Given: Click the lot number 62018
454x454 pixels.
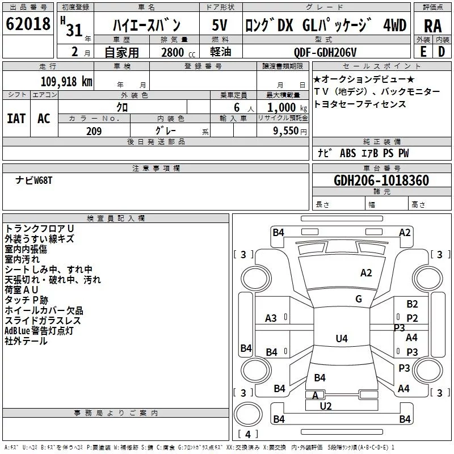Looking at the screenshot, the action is pyautogui.click(x=28, y=24).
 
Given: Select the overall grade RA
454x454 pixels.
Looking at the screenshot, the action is pyautogui.click(x=432, y=26).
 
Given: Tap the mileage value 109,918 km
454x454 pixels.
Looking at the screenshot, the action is pyautogui.click(x=66, y=82).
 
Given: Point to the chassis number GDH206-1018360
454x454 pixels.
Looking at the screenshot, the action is pyautogui.click(x=381, y=180).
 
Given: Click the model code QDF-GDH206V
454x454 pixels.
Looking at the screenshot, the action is pyautogui.click(x=325, y=52).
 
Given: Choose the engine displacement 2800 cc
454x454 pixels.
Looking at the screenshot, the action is pyautogui.click(x=178, y=52).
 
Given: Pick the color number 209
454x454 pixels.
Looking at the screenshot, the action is pyautogui.click(x=94, y=131).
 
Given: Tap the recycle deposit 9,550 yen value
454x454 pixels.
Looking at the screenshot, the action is pyautogui.click(x=290, y=131).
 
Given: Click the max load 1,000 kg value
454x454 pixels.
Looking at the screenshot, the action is pyautogui.click(x=287, y=108).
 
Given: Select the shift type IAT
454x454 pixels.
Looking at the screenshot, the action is pyautogui.click(x=16, y=119).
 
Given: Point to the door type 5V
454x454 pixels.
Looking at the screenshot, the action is pyautogui.click(x=220, y=25).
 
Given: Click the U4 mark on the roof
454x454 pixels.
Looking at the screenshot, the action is pyautogui.click(x=342, y=338).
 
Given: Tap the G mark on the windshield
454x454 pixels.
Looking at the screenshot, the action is pyautogui.click(x=359, y=299).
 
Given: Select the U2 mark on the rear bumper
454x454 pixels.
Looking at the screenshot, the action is pyautogui.click(x=326, y=406).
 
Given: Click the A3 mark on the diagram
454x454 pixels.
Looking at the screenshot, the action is pyautogui.click(x=271, y=318).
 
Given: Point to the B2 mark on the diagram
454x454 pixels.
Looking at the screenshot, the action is pyautogui.click(x=412, y=304).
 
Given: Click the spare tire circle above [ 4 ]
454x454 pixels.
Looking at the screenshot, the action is pyautogui.click(x=248, y=414).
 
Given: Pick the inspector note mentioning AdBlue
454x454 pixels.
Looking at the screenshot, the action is pyautogui.click(x=39, y=331).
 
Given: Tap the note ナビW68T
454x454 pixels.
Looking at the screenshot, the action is pyautogui.click(x=34, y=180).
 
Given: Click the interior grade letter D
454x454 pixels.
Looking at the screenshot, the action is pyautogui.click(x=442, y=52).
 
